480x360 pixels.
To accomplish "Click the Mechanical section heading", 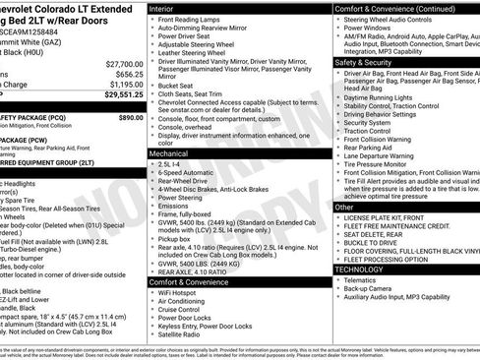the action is pos(170,154).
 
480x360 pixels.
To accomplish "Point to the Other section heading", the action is pos(344,208).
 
